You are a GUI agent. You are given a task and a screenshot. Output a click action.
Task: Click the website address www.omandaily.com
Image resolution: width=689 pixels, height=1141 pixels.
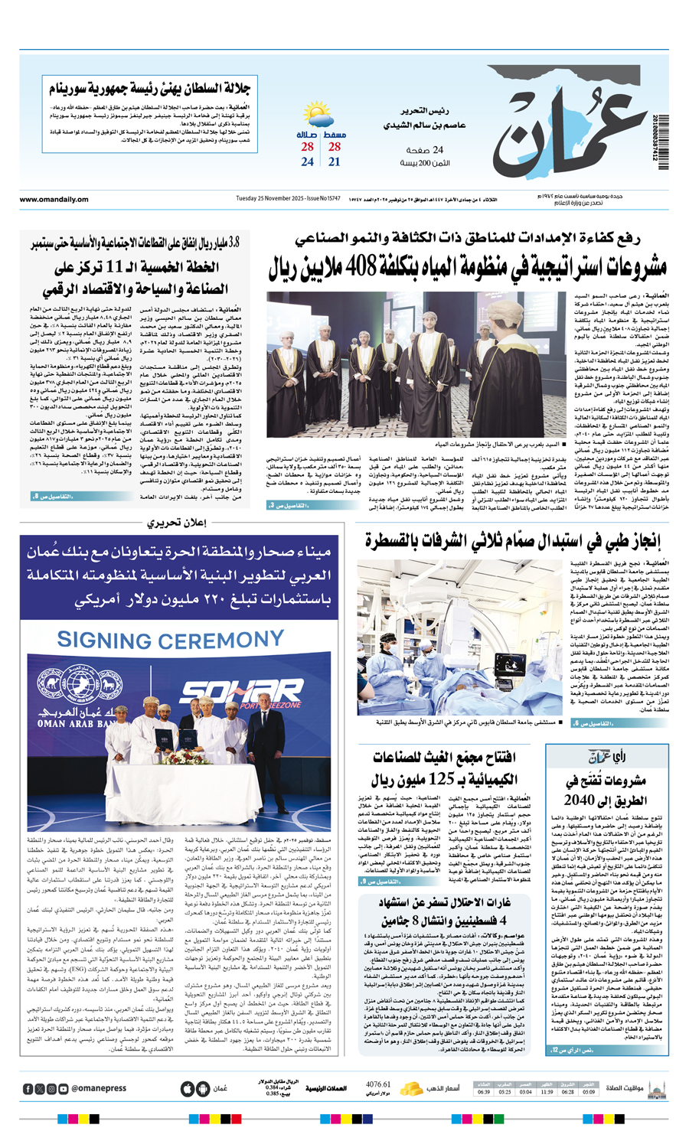tap(54, 200)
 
